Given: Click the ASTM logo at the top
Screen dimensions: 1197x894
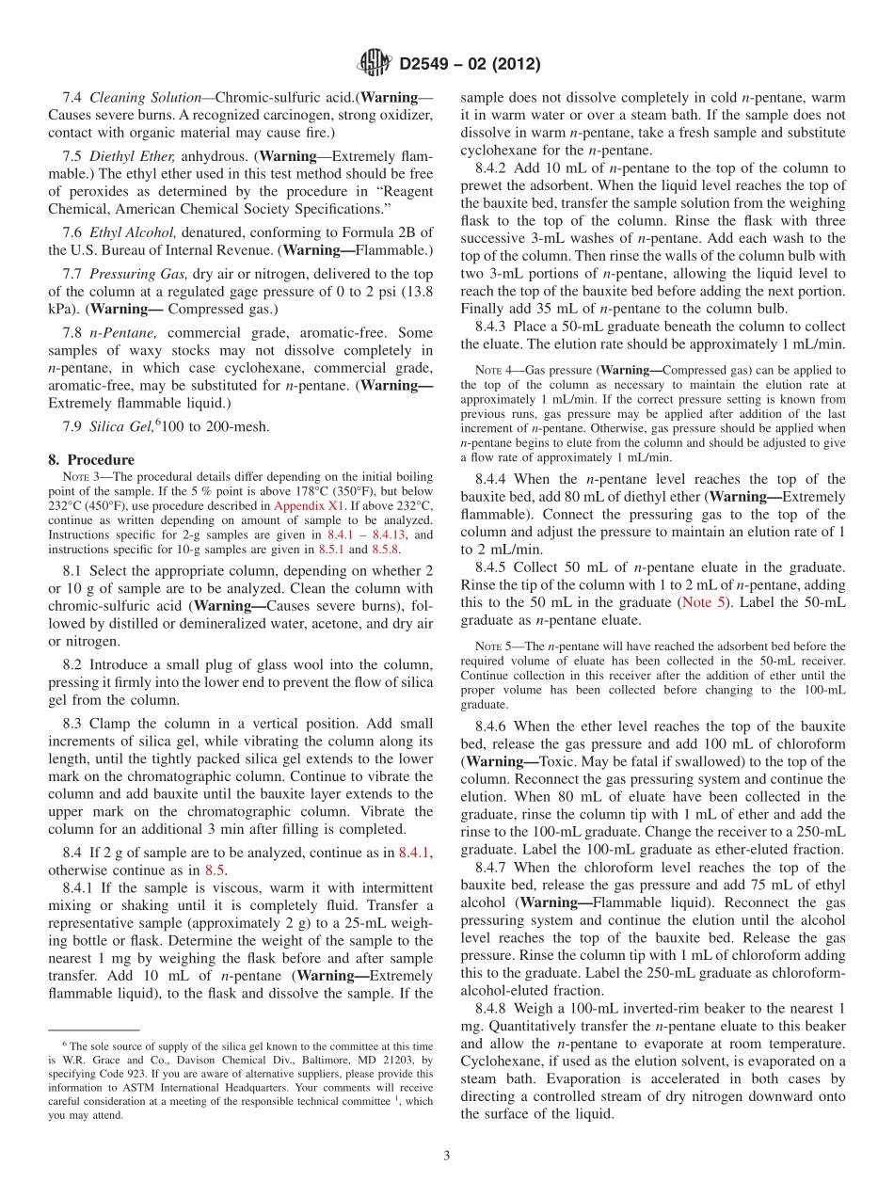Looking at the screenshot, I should pyautogui.click(x=375, y=64).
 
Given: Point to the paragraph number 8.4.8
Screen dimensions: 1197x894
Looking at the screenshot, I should pyautogui.click(x=493, y=1008).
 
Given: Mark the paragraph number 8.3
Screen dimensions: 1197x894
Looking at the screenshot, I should pyautogui.click(x=72, y=724).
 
